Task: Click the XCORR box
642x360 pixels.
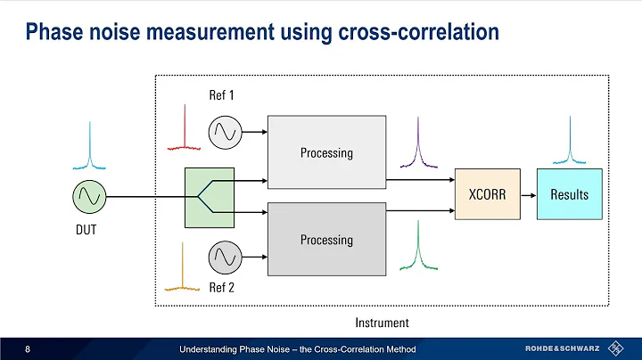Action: click(x=486, y=193)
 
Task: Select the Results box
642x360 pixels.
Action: click(x=569, y=193)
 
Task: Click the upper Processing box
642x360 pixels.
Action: click(x=325, y=152)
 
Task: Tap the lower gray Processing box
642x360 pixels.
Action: click(x=325, y=239)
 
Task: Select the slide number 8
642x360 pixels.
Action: click(x=29, y=348)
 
